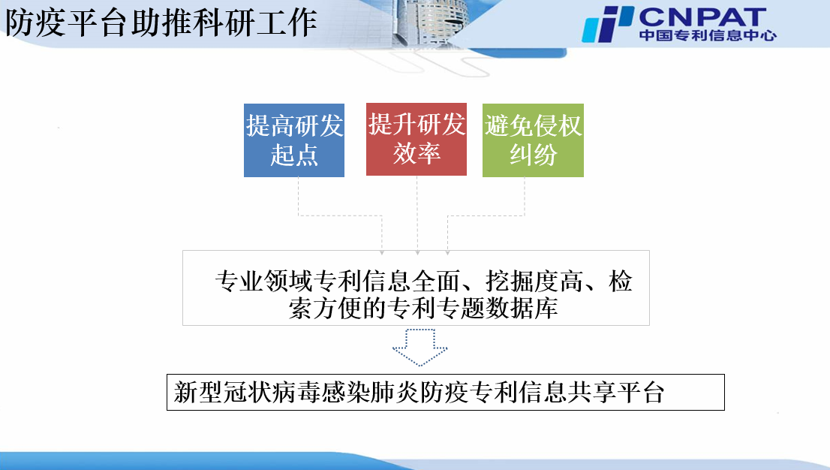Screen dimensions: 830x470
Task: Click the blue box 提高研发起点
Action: [x=293, y=140]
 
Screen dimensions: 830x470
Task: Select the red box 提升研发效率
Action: [x=416, y=140]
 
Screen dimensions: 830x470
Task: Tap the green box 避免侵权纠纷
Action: [x=533, y=140]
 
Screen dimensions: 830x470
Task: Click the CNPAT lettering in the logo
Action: [x=702, y=17]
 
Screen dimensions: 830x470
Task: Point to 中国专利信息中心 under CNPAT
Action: [x=708, y=35]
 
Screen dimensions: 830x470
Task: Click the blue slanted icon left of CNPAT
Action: [x=608, y=24]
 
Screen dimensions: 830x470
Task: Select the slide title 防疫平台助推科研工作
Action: [x=161, y=23]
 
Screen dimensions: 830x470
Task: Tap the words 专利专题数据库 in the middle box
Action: [x=472, y=309]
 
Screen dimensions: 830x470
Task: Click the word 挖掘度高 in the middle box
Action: [x=534, y=282]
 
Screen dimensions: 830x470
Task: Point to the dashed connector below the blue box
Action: [x=340, y=215]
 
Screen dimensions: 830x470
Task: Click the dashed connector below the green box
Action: [x=486, y=215]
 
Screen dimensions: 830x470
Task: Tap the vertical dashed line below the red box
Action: [x=417, y=215]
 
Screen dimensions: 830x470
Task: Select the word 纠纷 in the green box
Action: [x=533, y=155]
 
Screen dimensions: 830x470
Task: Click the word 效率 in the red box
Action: [x=417, y=153]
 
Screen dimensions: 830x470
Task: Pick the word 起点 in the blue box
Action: [x=294, y=155]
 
